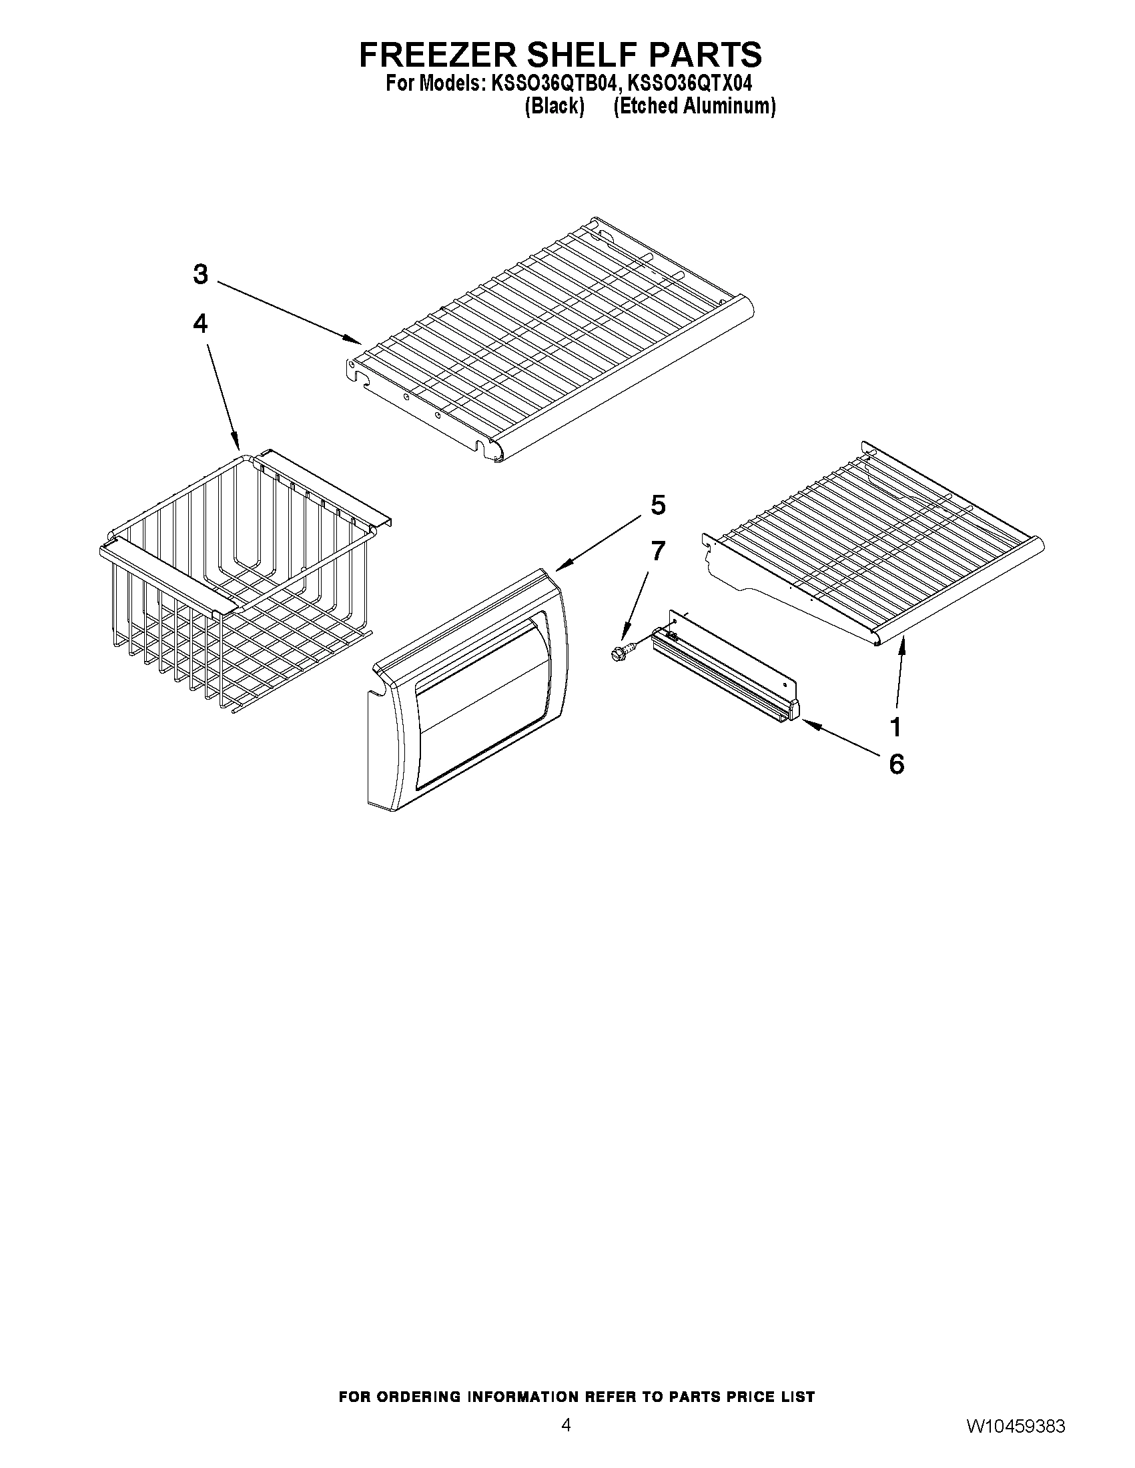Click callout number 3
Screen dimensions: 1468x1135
coord(200,274)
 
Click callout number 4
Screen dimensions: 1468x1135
coord(200,324)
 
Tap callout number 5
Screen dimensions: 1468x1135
coord(658,505)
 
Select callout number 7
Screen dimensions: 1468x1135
coord(658,551)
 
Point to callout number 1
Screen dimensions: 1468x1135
coord(895,726)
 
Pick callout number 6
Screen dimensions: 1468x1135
coord(896,764)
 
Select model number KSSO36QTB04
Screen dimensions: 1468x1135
coord(552,84)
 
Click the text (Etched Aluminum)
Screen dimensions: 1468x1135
coord(695,106)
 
